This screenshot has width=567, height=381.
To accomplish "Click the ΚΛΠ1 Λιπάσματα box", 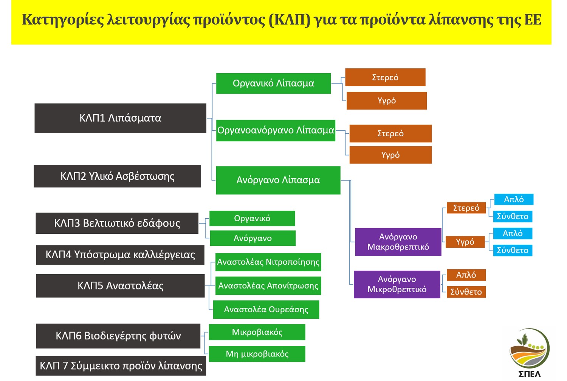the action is coord(121,118).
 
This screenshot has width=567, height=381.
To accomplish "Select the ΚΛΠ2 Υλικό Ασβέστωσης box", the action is coord(117,176).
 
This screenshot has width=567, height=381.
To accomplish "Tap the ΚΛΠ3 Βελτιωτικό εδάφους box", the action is coord(117,223).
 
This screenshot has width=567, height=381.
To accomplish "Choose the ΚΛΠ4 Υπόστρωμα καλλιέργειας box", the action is coord(120,255).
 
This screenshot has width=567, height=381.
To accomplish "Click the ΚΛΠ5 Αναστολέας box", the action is coord(120,286).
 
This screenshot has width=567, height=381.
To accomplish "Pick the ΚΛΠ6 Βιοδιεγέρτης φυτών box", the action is coord(118,336).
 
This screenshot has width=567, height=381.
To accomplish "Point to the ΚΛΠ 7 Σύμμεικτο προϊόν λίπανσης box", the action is coord(121,366).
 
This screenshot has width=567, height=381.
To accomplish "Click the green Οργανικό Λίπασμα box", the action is coord(273,83).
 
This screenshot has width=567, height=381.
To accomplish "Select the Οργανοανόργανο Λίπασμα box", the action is coord(276,130).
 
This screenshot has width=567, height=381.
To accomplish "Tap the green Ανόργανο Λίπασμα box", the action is coord(278,180).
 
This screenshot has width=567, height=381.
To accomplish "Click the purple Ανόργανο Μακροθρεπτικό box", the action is coord(398,242).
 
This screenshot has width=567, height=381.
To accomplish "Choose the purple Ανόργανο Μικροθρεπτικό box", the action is coord(397,284).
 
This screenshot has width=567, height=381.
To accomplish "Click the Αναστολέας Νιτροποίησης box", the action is coord(268,262).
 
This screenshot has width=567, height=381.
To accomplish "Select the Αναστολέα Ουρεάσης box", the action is coord(266,310).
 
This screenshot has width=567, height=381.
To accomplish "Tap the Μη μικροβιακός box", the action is coord(257,354).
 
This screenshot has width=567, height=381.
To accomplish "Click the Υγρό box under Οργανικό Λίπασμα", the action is coord(387,100).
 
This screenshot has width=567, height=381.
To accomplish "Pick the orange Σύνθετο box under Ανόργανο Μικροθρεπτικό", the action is coord(466,292).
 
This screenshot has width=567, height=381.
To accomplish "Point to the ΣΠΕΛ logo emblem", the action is coord(529,349).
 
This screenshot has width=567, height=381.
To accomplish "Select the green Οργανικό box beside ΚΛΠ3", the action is coord(253,218).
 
